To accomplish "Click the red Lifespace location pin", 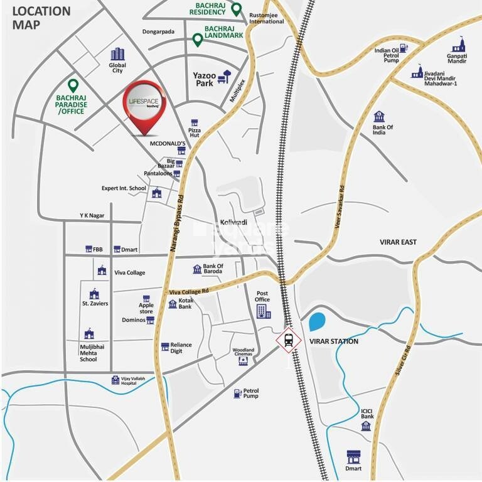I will pos(144,107).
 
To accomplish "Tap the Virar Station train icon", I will pos(288,340).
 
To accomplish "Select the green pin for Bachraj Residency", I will pos(236,9).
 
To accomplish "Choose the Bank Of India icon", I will pos(379,117).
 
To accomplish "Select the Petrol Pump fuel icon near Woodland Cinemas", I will pos(237,394).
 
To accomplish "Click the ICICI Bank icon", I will pos(367,426).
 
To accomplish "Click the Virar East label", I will pos(399,242).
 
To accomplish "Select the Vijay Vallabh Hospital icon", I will pos(115,380).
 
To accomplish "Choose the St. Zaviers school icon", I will pos(94,294).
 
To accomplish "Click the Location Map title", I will pos(41,18).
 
